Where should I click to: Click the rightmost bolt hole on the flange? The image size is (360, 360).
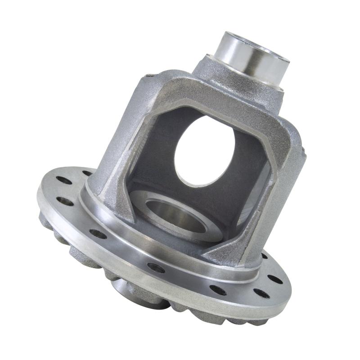point(275,279)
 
